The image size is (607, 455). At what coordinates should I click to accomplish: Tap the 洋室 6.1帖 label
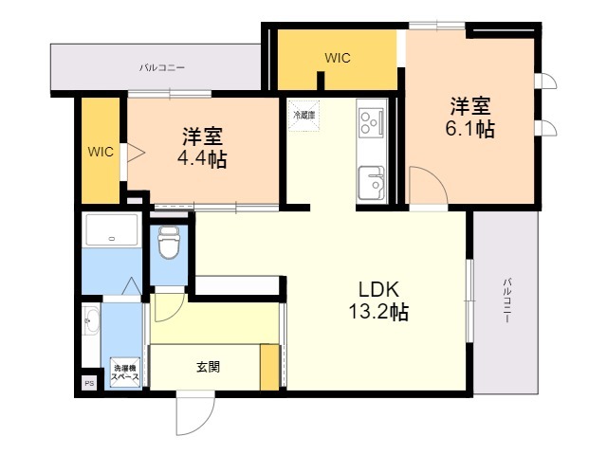coord(470,116)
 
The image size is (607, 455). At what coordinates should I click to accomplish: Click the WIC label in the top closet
coord(338,58)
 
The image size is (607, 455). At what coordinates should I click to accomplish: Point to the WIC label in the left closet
coord(101,152)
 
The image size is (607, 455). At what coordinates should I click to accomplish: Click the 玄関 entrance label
coord(209,366)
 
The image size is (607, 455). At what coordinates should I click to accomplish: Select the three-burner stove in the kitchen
coord(369,121)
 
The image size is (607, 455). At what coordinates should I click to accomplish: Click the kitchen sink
coord(370,179)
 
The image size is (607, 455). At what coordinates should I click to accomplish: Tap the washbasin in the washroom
coord(90,322)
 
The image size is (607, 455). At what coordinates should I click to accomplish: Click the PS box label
coord(89,383)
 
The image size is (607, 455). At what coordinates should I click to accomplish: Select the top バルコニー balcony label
coord(162,68)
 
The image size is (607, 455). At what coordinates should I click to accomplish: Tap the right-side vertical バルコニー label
coord(507,301)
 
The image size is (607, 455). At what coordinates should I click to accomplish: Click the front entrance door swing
coord(191,409)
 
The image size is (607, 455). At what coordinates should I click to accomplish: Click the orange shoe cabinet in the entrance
coord(269,368)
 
